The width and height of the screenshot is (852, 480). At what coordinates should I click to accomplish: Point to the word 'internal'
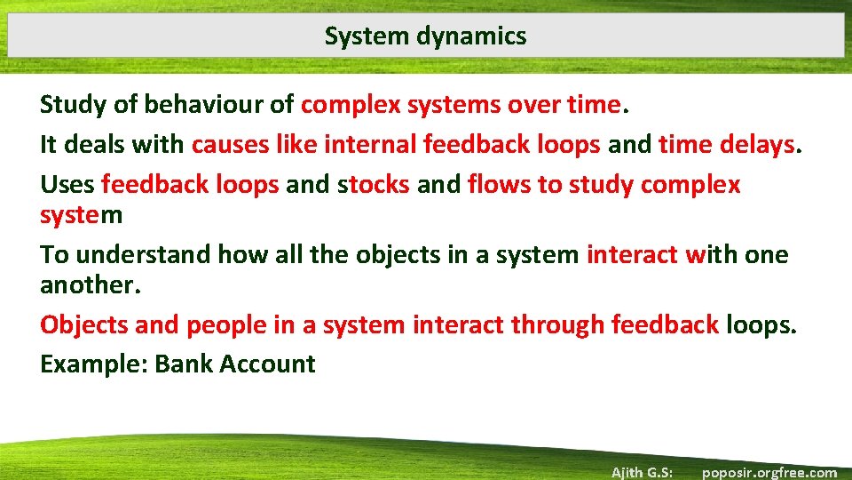click(x=370, y=144)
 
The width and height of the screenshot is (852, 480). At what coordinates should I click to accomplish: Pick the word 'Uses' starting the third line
click(x=67, y=184)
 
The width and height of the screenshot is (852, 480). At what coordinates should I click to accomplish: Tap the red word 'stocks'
click(x=373, y=184)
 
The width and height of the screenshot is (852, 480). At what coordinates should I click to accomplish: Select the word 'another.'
click(x=90, y=284)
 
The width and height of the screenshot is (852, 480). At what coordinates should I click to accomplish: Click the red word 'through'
click(x=557, y=324)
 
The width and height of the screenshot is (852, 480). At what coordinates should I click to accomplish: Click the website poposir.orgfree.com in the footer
click(x=769, y=472)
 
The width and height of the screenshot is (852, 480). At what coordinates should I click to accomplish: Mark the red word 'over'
click(x=533, y=105)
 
